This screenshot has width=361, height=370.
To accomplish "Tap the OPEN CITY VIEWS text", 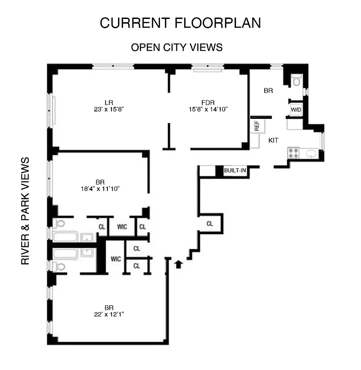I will coord(176,48).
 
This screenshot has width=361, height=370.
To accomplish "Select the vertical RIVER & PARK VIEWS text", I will coord(25,211).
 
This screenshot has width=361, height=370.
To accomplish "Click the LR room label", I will coord(109,102).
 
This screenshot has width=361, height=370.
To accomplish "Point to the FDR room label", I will coord(208,102).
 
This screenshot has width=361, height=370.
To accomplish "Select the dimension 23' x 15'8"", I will coord(109,110).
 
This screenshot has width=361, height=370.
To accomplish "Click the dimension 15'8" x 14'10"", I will coord(208,110).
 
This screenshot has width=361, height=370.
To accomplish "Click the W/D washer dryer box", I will coord(296,110).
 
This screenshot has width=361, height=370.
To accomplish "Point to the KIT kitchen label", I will coord(274,140).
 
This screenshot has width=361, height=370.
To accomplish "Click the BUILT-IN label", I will coord(235,171).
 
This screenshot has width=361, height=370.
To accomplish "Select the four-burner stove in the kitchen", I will coord(293,153).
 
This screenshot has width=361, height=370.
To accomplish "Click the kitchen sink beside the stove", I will coord(311,153).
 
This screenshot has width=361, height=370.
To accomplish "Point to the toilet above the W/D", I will coord(297,81).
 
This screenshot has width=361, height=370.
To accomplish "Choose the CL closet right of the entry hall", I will coord(210,224).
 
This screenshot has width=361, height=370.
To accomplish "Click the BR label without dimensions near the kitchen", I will coord(268,91).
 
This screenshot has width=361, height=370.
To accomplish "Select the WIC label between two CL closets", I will coord(122,227).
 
